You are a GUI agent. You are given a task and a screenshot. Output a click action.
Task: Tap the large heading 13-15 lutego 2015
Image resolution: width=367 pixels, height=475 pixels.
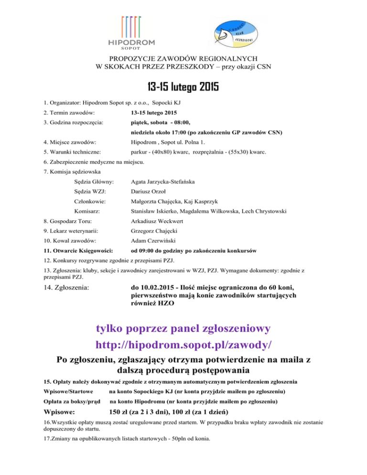[183, 87]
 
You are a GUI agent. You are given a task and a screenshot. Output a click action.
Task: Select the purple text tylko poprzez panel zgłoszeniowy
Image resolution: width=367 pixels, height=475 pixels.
[183, 329]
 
